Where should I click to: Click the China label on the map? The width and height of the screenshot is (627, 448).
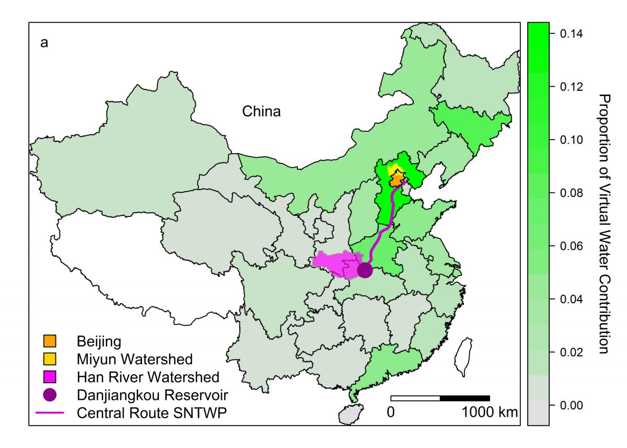pos(261,111)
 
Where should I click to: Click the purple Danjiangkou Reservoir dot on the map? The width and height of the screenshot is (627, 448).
pos(364,270)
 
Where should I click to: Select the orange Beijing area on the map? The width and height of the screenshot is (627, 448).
pos(397,180)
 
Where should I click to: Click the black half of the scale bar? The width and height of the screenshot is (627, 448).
pos(465,398)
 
